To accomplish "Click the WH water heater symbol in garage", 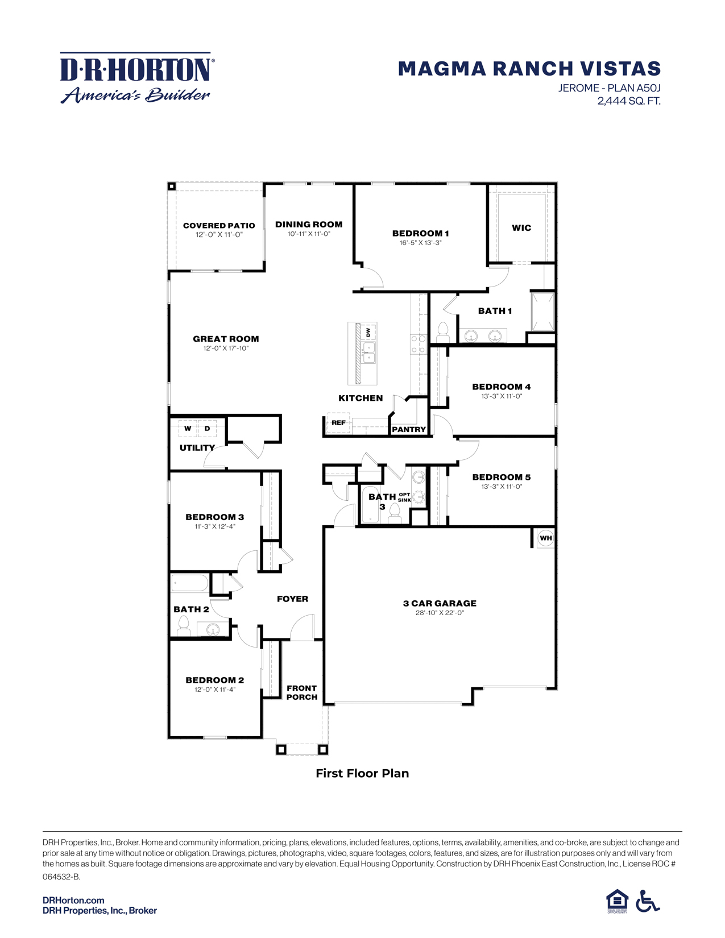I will [545, 538].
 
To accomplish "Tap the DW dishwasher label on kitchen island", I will [368, 331].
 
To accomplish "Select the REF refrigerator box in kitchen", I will [338, 423].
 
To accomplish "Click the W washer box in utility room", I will [188, 429].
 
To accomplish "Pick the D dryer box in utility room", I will [207, 429].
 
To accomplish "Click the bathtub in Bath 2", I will [190, 583].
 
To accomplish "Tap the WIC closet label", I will [521, 228].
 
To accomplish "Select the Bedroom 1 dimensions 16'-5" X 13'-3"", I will [420, 243].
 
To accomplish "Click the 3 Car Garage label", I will [440, 603].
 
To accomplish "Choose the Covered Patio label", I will [219, 226].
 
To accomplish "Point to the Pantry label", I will [409, 430].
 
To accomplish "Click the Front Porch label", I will [301, 692].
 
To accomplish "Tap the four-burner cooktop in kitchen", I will [419, 345].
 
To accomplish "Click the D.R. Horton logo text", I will [136, 69].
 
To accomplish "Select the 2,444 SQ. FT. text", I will [628, 101].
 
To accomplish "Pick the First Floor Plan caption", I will [362, 773].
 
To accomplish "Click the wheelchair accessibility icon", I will [648, 901].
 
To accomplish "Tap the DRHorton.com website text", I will [73, 900].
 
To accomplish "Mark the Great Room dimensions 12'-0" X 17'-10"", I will [226, 348].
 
